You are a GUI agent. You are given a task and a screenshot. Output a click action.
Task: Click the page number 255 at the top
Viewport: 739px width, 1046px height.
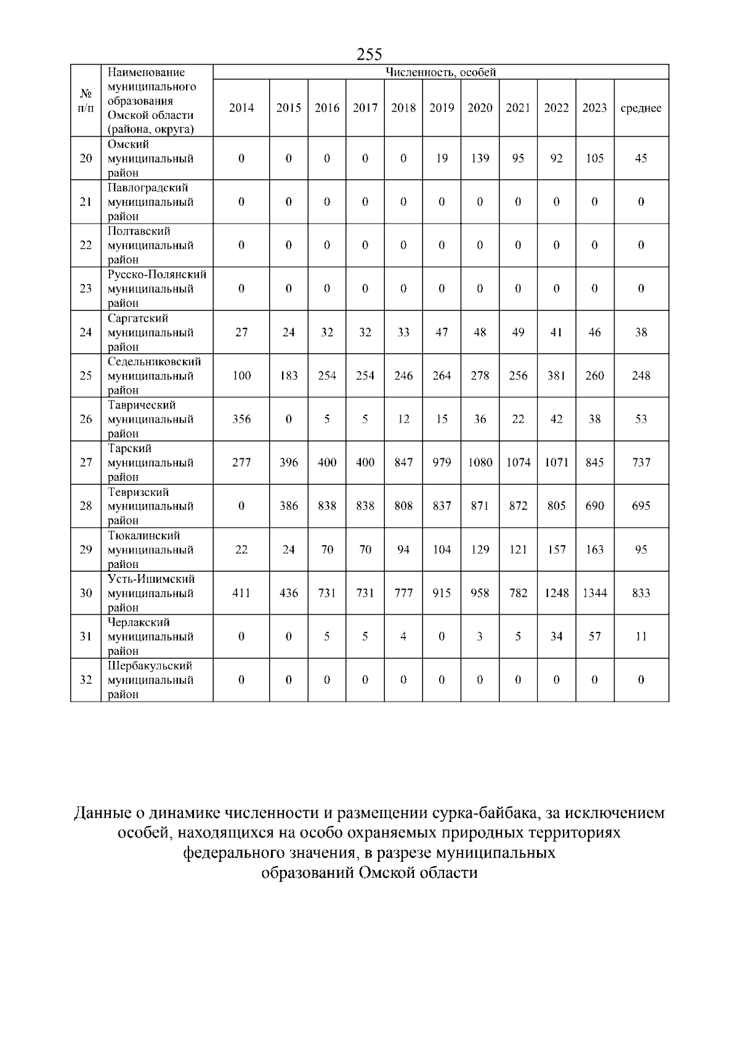[x=369, y=54]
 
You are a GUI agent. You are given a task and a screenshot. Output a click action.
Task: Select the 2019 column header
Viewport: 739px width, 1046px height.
[x=442, y=108]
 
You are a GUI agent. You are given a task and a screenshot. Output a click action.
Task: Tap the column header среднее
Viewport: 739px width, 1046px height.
[x=641, y=108]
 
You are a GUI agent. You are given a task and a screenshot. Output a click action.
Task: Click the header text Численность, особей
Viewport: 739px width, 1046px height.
[x=440, y=72]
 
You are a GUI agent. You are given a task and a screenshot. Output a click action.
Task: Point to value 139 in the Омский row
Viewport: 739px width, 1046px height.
[x=480, y=158]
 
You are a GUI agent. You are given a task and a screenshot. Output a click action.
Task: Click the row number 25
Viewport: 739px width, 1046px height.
[x=86, y=375]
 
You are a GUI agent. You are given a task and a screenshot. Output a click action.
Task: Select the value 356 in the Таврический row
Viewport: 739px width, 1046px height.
[x=241, y=419]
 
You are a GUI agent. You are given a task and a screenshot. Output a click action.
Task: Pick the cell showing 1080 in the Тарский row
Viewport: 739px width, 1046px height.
[x=480, y=462]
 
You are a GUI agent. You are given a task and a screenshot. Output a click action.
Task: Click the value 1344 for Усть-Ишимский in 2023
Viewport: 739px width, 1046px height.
[x=594, y=593]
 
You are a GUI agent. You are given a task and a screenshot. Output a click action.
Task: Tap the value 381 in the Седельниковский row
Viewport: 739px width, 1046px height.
[x=556, y=375]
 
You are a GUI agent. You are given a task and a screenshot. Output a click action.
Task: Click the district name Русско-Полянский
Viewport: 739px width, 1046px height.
[x=157, y=274]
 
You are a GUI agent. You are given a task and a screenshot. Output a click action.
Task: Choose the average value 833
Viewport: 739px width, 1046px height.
[x=641, y=593]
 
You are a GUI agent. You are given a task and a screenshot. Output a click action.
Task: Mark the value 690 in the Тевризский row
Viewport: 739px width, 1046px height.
[x=594, y=506]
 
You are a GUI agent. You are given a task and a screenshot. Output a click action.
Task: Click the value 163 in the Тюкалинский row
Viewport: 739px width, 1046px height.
[x=594, y=549]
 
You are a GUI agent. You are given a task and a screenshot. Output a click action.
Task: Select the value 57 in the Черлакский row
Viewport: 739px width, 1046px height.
[x=594, y=636]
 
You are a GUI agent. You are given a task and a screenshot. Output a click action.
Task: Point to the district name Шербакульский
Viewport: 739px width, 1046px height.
[x=150, y=666]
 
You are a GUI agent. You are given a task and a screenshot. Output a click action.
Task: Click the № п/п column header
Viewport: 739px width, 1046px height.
[x=86, y=100]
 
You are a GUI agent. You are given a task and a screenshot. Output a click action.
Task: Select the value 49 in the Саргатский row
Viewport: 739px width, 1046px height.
[x=518, y=332]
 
